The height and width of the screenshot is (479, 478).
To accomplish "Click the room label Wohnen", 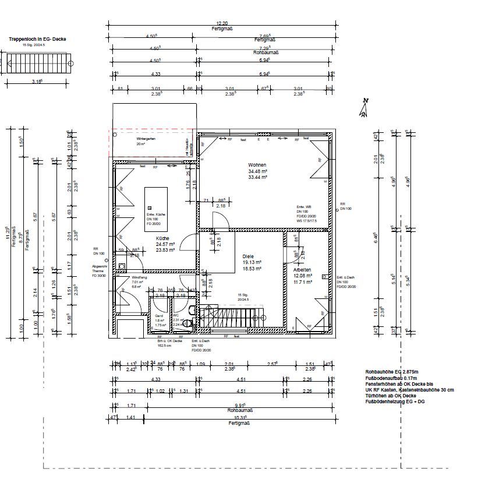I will point(257,165).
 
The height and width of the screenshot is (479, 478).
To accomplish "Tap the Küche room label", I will point(162,239).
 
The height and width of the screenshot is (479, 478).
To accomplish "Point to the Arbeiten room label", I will point(302,270).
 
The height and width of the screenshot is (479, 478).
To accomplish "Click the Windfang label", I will point(140,277).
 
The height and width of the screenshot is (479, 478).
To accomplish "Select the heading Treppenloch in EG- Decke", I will point(37,39).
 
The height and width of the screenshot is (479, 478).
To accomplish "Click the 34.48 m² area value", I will point(257,171).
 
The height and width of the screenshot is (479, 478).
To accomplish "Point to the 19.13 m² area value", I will point(252,262).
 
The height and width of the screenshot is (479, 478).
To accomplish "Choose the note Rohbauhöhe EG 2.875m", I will point(391,371).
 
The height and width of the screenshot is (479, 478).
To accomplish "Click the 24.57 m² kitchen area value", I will point(162,245).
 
